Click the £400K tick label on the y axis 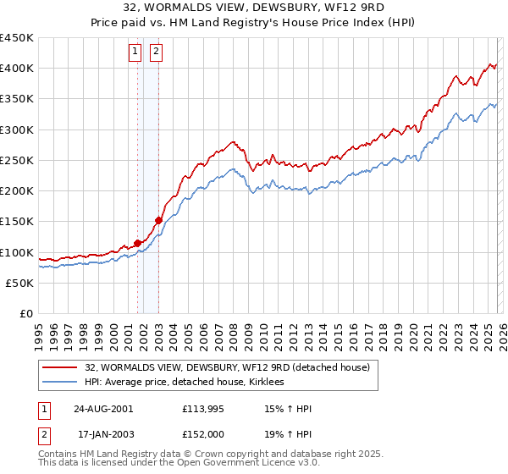click(16, 69)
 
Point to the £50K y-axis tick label click(19, 284)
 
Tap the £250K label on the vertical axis click(16, 161)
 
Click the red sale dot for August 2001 click(137, 244)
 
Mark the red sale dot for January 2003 click(158, 220)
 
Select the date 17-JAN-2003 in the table click(103, 434)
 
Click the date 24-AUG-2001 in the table click(103, 409)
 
